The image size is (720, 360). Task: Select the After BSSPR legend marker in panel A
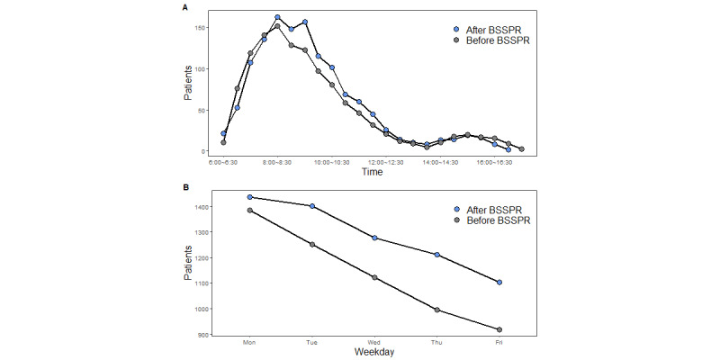pyautogui.click(x=457, y=29)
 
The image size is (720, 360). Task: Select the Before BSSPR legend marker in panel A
pyautogui.click(x=457, y=41)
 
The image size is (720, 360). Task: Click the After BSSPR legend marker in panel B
pyautogui.click(x=457, y=208)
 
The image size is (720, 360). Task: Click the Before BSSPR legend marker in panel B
pyautogui.click(x=457, y=220)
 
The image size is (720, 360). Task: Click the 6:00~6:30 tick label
pyautogui.click(x=223, y=163)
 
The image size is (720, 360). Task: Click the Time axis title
pyautogui.click(x=372, y=172)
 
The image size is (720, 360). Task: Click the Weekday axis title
pyautogui.click(x=372, y=352)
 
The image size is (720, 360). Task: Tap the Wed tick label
pyautogui.click(x=374, y=342)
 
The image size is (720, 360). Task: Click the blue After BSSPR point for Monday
pyautogui.click(x=250, y=197)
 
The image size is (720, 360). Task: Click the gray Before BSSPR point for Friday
pyautogui.click(x=499, y=329)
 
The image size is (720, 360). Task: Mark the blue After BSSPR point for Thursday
pyautogui.click(x=437, y=255)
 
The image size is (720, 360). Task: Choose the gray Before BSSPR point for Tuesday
pyautogui.click(x=312, y=245)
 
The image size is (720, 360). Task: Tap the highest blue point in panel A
pyautogui.click(x=277, y=17)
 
